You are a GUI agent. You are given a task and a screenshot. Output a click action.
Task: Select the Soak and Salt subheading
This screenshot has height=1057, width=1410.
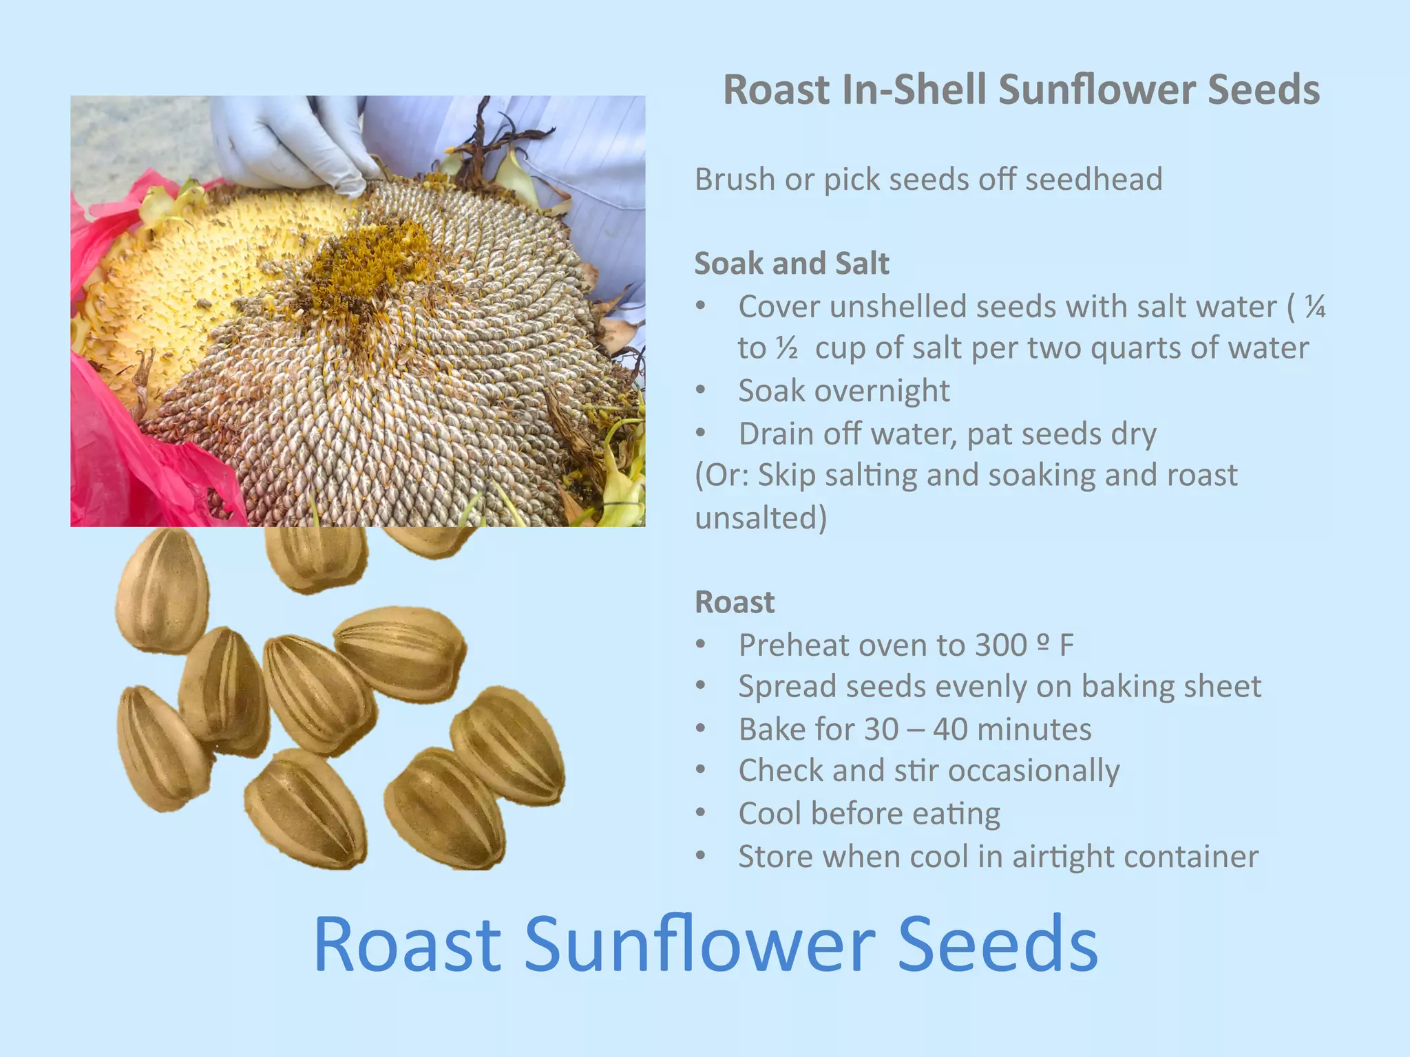(792, 264)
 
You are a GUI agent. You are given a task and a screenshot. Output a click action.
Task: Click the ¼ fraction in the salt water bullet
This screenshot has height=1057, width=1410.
(1315, 306)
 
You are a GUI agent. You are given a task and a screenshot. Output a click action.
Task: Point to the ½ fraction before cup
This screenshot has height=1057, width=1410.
(787, 348)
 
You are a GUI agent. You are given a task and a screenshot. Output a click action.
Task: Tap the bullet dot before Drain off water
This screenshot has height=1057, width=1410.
(701, 434)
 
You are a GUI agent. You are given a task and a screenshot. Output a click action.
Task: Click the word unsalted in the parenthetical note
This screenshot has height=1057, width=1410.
(761, 518)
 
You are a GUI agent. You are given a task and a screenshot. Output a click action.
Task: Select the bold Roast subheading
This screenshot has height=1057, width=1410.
(735, 602)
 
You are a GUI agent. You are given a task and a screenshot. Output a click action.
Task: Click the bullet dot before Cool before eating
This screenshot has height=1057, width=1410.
(701, 813)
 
